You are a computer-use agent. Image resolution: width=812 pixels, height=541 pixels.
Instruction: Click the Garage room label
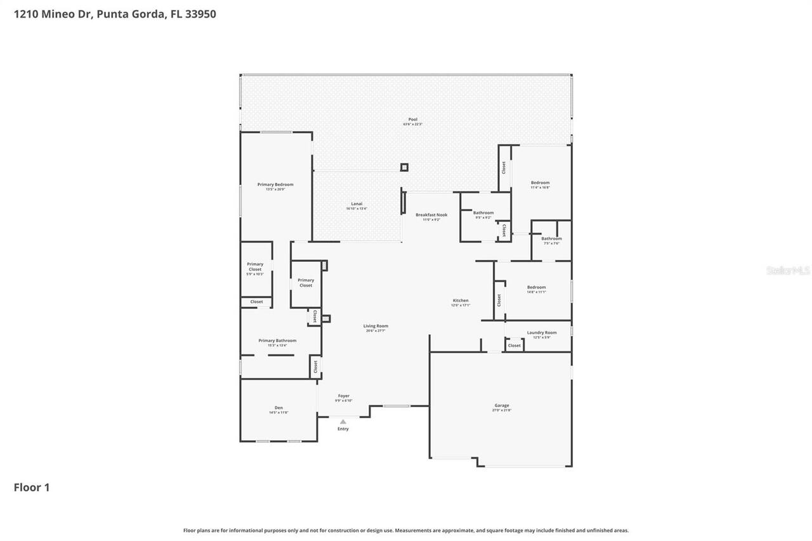pos(502,405)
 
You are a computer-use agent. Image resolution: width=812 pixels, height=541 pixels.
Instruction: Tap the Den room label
pos(278,408)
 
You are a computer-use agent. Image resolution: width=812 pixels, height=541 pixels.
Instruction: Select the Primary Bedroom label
pos(275,185)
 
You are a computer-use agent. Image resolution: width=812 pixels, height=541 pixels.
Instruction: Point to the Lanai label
pos(357,204)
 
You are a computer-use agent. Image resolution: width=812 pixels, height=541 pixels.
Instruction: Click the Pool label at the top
pos(413,119)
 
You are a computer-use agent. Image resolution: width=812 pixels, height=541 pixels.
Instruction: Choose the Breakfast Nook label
pos(431,215)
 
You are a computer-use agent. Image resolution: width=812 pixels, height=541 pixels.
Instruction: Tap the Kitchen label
pos(461,301)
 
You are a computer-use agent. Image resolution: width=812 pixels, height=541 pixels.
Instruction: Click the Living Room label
pos(376,326)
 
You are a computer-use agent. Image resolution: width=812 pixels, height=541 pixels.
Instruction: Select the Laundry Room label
pos(542,332)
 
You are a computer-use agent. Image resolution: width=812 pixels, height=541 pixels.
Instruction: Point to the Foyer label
pos(344,396)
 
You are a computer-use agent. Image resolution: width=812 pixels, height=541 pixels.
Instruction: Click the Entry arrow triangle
pos(343,421)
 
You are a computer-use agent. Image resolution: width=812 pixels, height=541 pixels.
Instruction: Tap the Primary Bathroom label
pos(277,341)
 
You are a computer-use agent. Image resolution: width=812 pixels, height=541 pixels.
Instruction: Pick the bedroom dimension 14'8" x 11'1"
pos(536,292)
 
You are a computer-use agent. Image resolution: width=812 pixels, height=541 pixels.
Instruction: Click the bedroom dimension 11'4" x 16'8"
pos(540,188)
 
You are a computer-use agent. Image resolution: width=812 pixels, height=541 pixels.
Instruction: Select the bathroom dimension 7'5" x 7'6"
pos(551,244)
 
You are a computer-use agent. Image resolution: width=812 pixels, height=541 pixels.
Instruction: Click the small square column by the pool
pos(404,167)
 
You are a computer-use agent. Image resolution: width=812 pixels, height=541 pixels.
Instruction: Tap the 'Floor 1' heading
pos(32,487)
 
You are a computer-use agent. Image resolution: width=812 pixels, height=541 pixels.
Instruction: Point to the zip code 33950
pos(201,13)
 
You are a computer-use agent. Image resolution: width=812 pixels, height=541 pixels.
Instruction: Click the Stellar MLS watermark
pos(789,270)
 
